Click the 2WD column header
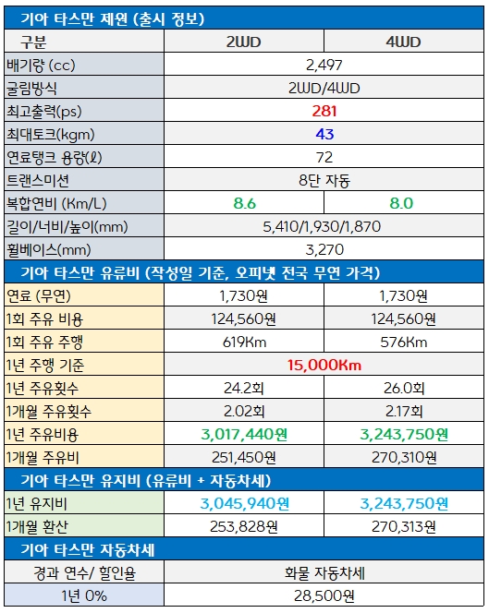point(243,42)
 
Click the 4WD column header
point(403,42)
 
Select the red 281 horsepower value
point(324,111)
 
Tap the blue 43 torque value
point(324,134)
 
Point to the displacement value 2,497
point(324,65)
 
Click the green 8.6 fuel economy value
point(244,203)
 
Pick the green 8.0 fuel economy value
point(401,203)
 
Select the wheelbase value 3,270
point(324,249)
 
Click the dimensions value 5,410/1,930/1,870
point(322,226)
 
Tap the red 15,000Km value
point(324,365)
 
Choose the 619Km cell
point(244,343)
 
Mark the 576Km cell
point(404,343)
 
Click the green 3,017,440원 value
point(244,434)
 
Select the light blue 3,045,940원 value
point(245,503)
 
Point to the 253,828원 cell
point(244,526)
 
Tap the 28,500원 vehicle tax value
point(324,595)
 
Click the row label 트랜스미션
point(38,180)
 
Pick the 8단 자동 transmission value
point(324,180)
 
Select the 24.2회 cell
point(244,388)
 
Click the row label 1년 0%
point(84,595)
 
